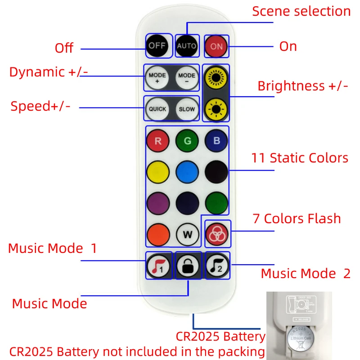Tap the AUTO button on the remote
tap(186, 46)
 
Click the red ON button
tap(216, 46)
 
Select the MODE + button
tap(157, 78)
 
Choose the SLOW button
tap(187, 109)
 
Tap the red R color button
tap(158, 141)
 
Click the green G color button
tap(187, 141)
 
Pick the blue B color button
tap(216, 141)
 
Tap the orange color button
tap(158, 234)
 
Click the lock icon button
tap(187, 266)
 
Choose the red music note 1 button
tap(158, 266)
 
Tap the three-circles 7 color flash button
tap(216, 234)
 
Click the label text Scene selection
tap(301, 11)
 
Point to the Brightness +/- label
tap(303, 86)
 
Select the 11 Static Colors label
tap(300, 158)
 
